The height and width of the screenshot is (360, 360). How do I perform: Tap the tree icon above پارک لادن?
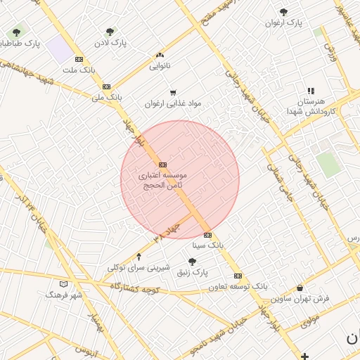pos(110,32)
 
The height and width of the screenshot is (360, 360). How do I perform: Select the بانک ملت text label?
pos(79,70)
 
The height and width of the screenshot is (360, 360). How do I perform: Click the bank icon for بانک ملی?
pos(106,86)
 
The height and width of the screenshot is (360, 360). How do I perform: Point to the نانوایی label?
pos(160,66)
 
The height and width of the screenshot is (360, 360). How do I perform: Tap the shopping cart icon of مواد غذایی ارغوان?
pos(173,92)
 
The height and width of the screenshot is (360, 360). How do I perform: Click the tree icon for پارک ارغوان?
pos(283,12)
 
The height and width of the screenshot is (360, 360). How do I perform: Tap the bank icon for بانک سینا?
pos(207,235)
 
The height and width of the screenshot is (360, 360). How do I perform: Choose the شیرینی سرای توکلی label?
pos(139,267)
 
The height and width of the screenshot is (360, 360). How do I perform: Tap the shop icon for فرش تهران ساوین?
pos(300,288)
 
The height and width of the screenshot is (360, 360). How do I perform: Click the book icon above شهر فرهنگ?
pos(64,284)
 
